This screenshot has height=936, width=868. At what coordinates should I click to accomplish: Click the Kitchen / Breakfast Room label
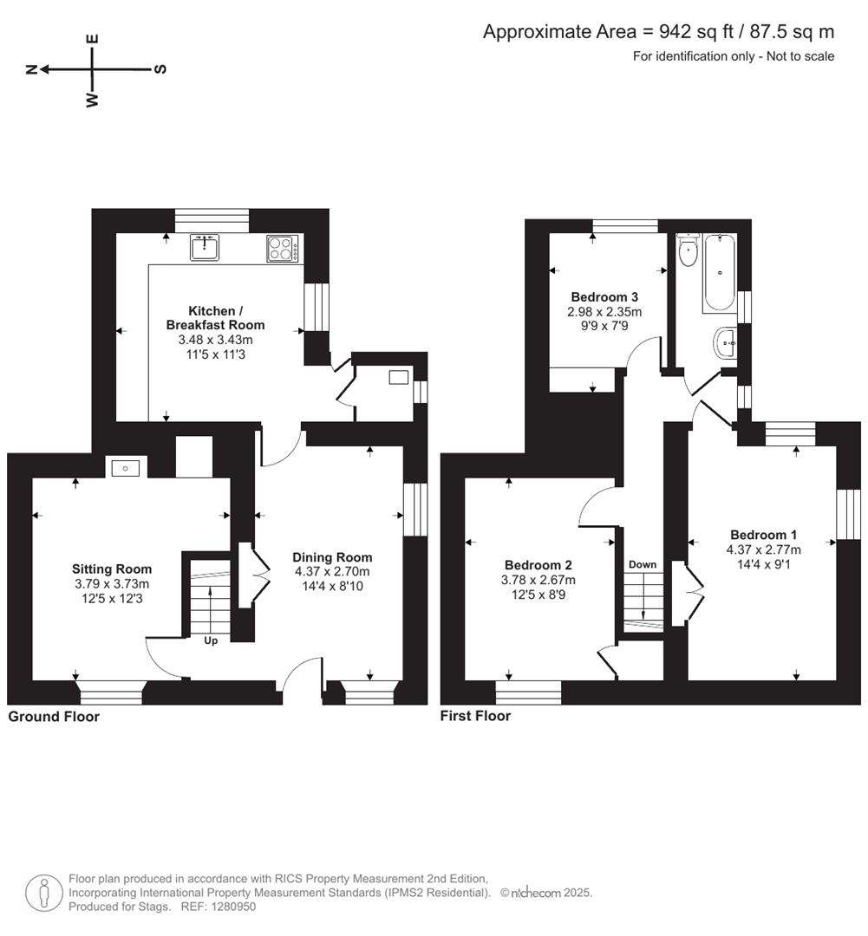215,318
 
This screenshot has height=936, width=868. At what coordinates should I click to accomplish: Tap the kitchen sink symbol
206,249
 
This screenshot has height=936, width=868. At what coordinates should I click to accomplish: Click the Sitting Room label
112,569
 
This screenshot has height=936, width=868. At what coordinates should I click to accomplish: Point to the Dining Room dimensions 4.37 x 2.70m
332,572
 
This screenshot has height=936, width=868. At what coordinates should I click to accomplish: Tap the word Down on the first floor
643,564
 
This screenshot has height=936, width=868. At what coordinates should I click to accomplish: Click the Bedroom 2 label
538,566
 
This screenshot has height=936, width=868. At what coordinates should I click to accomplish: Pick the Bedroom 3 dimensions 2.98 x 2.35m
604,312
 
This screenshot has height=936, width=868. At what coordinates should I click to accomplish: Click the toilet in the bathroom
689,252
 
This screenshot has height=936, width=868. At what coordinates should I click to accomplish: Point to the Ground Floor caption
54,717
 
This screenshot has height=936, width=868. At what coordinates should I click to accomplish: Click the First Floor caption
475,716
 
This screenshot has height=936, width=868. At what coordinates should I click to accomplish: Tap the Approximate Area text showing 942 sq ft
658,32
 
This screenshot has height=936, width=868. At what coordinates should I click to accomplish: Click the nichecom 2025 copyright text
545,893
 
